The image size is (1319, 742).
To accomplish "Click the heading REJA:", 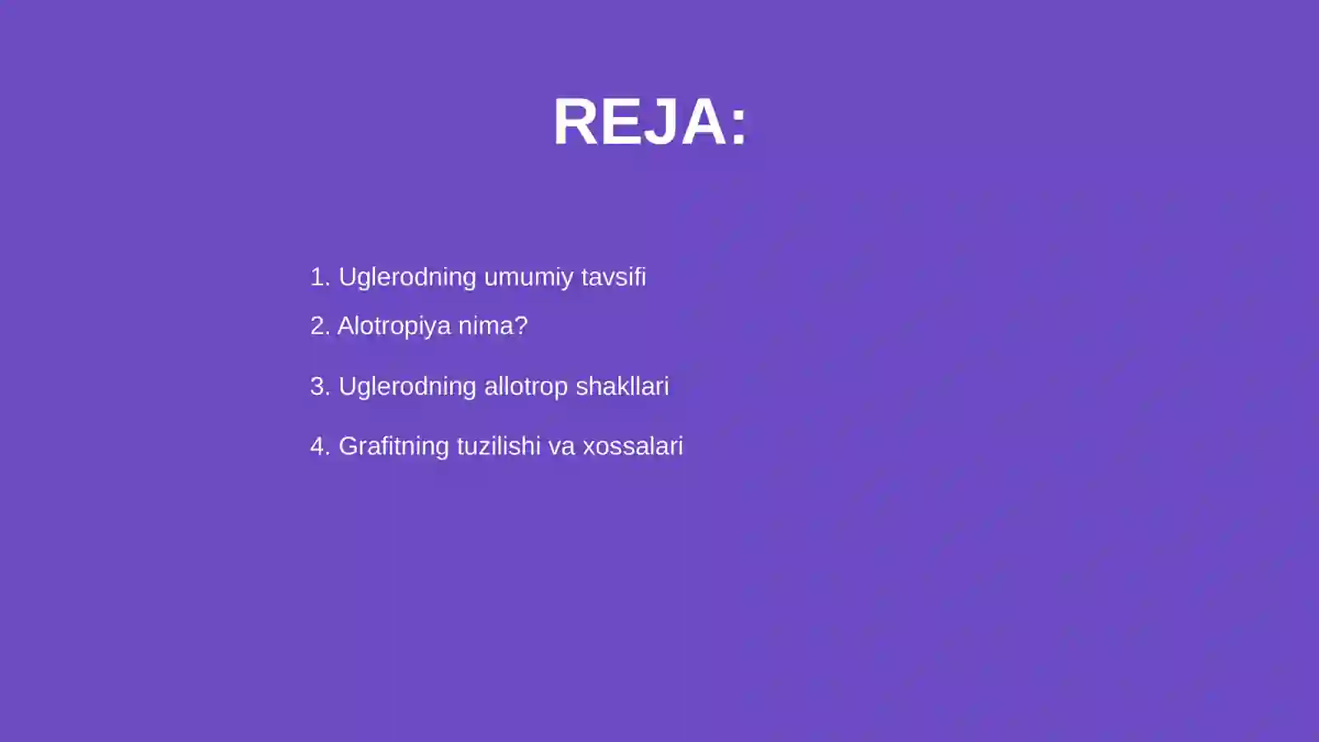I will click(650, 122).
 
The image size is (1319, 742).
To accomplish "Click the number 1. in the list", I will click(320, 277).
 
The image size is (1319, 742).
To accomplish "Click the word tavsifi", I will click(613, 277).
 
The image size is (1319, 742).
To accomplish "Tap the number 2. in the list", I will click(320, 326).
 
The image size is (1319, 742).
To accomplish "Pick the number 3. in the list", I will click(320, 386).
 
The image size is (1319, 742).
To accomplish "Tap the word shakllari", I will click(622, 386).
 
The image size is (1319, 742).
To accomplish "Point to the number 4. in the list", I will click(320, 446).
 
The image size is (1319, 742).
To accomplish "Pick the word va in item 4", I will click(561, 447).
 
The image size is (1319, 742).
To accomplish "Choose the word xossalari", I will click(632, 446).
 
